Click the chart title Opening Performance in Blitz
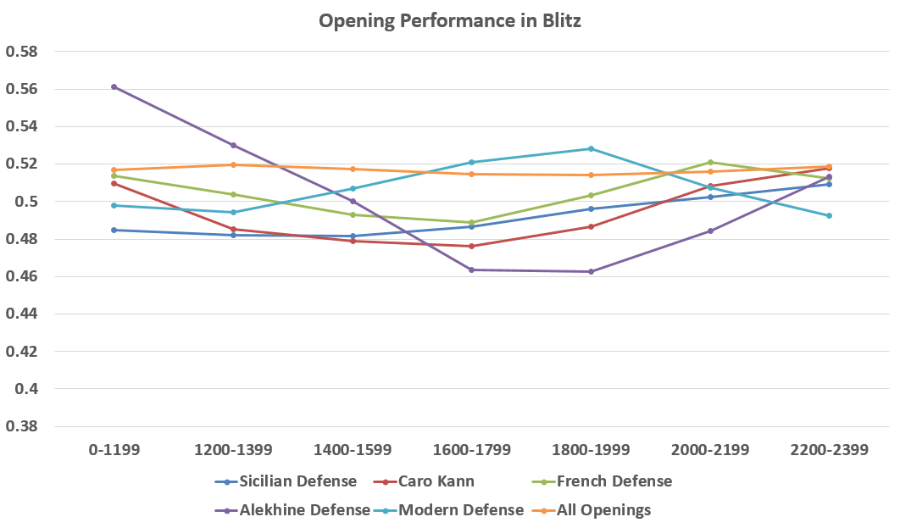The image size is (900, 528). point(449,21)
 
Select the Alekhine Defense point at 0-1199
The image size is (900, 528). point(114,86)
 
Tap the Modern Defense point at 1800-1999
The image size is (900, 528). point(591,148)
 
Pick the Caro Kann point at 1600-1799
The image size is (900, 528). point(471,246)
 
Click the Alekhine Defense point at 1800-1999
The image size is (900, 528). point(591,271)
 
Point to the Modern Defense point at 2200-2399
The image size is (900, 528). point(829,215)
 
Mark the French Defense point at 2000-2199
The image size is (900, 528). point(710,162)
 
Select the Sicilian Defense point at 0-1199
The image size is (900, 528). point(114,230)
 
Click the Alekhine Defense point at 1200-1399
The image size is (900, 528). point(233,145)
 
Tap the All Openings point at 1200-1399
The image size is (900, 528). point(233,164)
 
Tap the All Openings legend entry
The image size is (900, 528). point(603,510)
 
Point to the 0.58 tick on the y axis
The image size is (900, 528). point(23,52)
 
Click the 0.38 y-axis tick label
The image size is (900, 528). point(23,426)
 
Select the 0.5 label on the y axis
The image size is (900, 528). point(27,202)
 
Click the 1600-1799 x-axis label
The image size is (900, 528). point(471,450)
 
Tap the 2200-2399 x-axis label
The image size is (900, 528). point(829,450)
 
